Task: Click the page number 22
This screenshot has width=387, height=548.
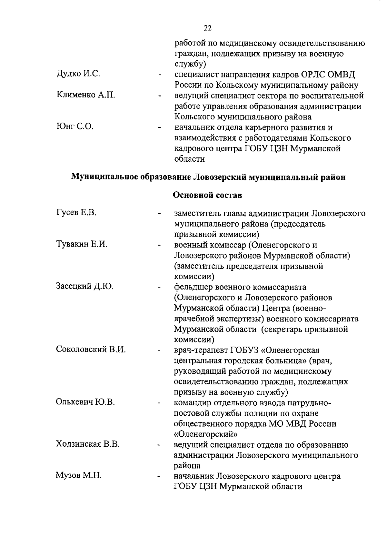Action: coord(208,28)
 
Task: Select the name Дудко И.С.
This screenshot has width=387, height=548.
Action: coord(78,74)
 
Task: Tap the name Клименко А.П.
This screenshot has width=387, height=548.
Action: coord(86,95)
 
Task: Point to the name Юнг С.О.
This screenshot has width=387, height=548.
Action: coord(75,127)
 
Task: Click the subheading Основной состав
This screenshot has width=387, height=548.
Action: coord(208,195)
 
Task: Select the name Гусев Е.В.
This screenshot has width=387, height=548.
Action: coord(76,213)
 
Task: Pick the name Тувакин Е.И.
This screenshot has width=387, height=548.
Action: coord(82,244)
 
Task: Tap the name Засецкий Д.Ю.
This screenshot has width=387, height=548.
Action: coord(85,286)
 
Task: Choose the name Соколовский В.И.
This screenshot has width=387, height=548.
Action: coord(91,350)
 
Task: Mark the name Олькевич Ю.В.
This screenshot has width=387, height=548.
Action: coord(85,402)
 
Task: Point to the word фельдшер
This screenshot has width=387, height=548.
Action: coord(193,287)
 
